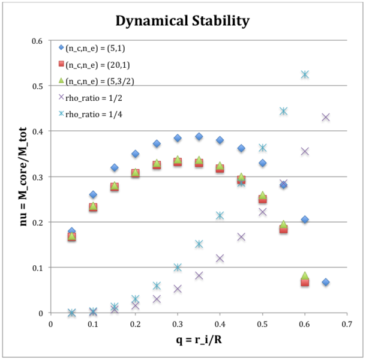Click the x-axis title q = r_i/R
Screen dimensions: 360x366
(199, 342)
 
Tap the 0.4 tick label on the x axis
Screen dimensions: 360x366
(220, 324)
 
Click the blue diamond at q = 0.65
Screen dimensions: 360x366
(326, 282)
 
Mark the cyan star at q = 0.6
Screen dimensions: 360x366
(305, 74)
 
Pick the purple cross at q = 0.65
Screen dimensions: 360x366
(326, 117)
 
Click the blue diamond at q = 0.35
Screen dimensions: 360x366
(199, 137)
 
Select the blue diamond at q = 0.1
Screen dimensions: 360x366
(93, 194)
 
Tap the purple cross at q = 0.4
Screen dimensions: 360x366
(220, 258)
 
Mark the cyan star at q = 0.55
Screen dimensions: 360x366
(283, 111)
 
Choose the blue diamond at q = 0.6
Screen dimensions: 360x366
(305, 220)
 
